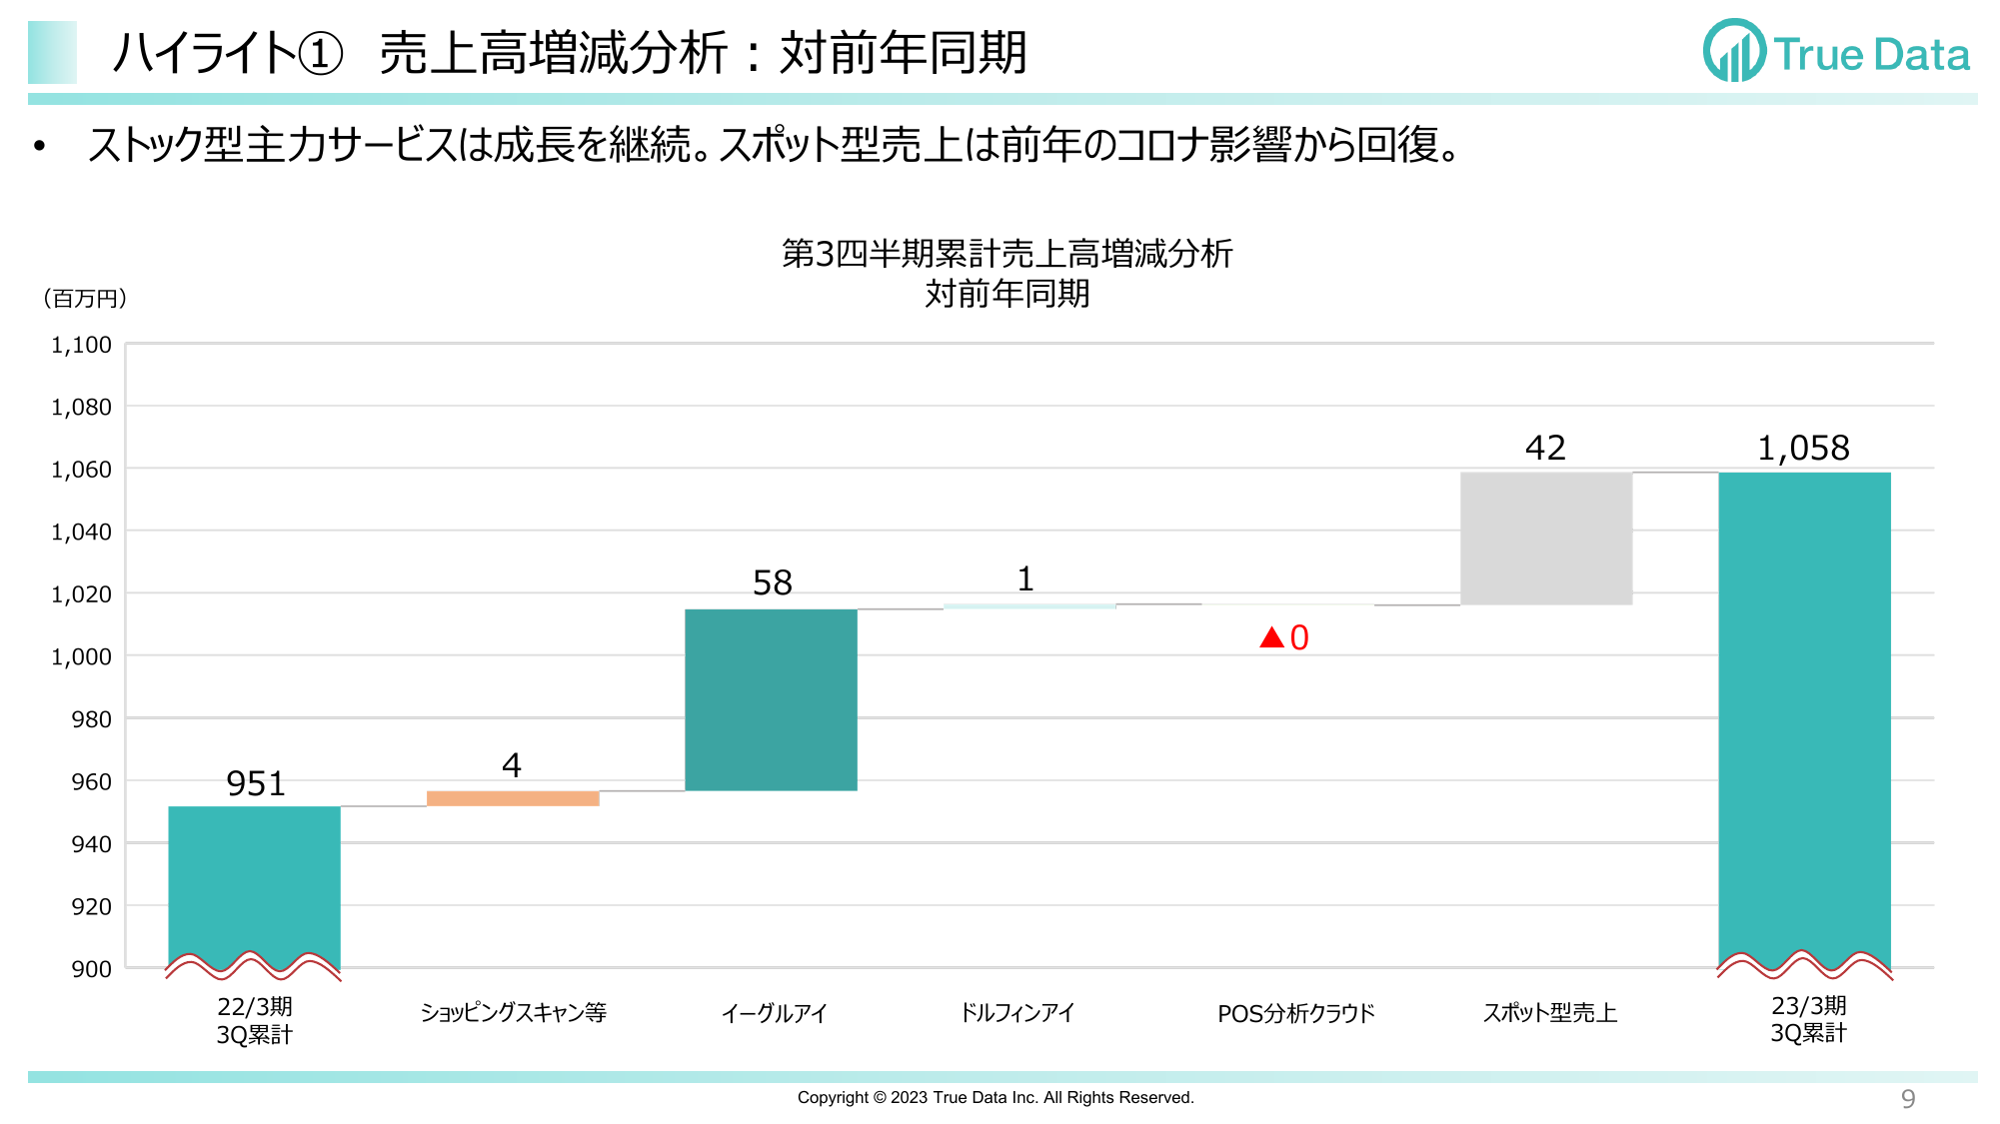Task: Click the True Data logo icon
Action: (1734, 52)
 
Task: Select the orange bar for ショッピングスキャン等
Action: (513, 798)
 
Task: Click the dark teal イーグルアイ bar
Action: (771, 699)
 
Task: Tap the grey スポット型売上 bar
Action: (1545, 539)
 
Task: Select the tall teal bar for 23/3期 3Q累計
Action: (1804, 719)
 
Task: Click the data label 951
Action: (256, 783)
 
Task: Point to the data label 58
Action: (772, 582)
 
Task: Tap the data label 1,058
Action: (1803, 448)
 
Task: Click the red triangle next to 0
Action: (1271, 637)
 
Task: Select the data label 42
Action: (1545, 448)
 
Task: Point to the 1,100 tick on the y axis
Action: (81, 345)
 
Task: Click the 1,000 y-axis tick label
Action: (81, 656)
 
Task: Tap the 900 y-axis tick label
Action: (91, 968)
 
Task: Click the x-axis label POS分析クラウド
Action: (1295, 1013)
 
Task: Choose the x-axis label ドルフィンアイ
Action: (1016, 1013)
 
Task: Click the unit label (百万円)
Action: (85, 299)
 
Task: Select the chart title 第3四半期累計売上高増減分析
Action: (1006, 254)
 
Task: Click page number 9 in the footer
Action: (1907, 1099)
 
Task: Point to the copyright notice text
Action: (996, 1097)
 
